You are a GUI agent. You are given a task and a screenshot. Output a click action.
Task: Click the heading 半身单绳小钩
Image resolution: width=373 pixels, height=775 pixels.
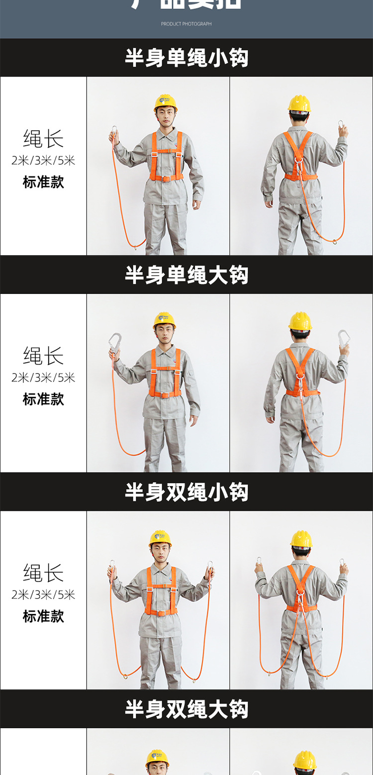tap(186, 58)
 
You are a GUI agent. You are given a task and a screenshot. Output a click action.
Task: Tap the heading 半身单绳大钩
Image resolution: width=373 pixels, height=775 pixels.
tap(186, 275)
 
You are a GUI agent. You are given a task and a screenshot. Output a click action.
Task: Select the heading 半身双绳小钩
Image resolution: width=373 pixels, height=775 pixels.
tap(186, 492)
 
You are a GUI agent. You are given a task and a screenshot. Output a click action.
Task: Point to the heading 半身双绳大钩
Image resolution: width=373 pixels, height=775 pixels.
tap(186, 709)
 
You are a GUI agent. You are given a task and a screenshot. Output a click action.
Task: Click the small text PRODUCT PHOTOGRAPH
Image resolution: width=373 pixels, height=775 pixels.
tap(186, 24)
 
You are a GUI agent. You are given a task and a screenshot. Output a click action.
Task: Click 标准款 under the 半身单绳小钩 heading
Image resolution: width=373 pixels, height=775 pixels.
tap(43, 182)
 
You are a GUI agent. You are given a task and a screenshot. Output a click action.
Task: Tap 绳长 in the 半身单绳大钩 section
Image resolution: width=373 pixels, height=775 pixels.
tap(43, 356)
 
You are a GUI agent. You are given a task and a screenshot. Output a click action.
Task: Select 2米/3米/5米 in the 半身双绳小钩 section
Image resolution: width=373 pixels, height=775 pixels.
tap(43, 594)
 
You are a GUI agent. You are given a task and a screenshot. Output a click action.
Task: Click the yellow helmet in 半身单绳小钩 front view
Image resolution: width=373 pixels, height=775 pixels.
tap(166, 102)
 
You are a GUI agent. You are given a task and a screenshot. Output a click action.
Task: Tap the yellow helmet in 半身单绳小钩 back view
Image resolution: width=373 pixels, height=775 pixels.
tap(299, 103)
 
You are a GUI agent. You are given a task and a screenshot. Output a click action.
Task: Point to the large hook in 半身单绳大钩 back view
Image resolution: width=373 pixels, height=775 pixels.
tap(344, 338)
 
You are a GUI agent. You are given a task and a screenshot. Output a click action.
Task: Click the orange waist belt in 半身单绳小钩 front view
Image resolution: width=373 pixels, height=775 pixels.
tap(167, 178)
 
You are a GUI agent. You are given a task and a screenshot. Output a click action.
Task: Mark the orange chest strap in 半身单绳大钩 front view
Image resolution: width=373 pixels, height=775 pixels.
tap(166, 369)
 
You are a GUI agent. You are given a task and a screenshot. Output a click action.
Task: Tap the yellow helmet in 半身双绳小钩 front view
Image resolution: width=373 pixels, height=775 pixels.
tap(160, 538)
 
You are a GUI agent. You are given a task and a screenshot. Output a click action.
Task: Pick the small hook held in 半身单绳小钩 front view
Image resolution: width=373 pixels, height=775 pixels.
tap(114, 133)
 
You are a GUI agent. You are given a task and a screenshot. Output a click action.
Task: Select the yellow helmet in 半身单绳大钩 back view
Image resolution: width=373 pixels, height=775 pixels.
tap(300, 321)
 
